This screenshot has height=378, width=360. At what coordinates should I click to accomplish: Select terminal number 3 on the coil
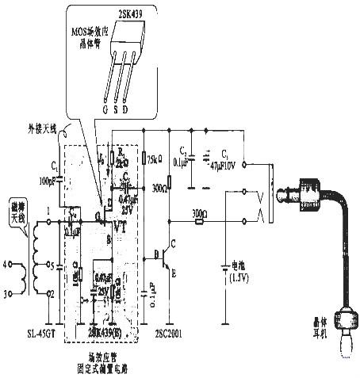[9, 293]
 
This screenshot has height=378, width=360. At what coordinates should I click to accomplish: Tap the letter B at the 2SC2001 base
[156, 255]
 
